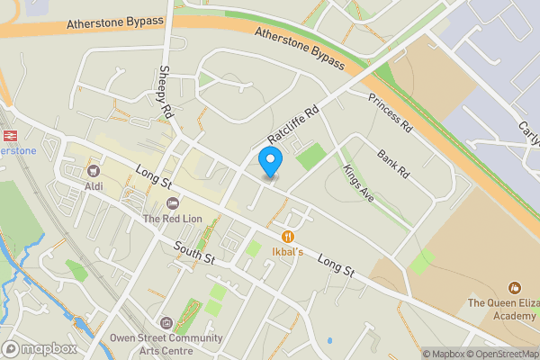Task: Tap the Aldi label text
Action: [94, 185]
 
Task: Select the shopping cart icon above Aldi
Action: [93, 170]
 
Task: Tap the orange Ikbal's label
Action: [288, 252]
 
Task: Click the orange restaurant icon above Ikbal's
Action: [288, 236]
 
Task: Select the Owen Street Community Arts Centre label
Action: [166, 344]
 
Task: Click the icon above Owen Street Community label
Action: [165, 322]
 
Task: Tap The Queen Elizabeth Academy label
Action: [503, 309]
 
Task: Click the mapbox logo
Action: [39, 348]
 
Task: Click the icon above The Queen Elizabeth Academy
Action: [515, 288]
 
